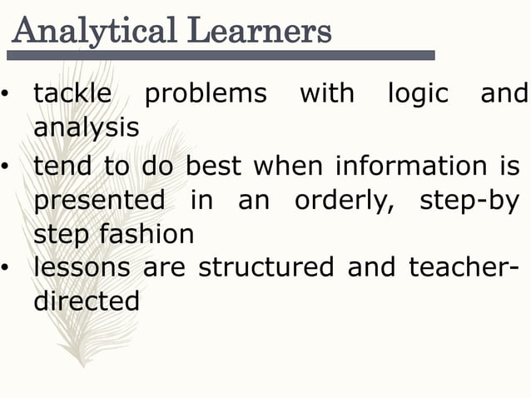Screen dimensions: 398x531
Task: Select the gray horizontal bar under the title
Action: (221, 55)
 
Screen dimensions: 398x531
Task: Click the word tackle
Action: (72, 93)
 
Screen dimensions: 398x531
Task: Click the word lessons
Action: (82, 268)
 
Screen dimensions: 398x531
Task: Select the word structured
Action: (265, 268)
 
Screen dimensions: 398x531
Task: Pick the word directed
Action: (87, 301)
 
